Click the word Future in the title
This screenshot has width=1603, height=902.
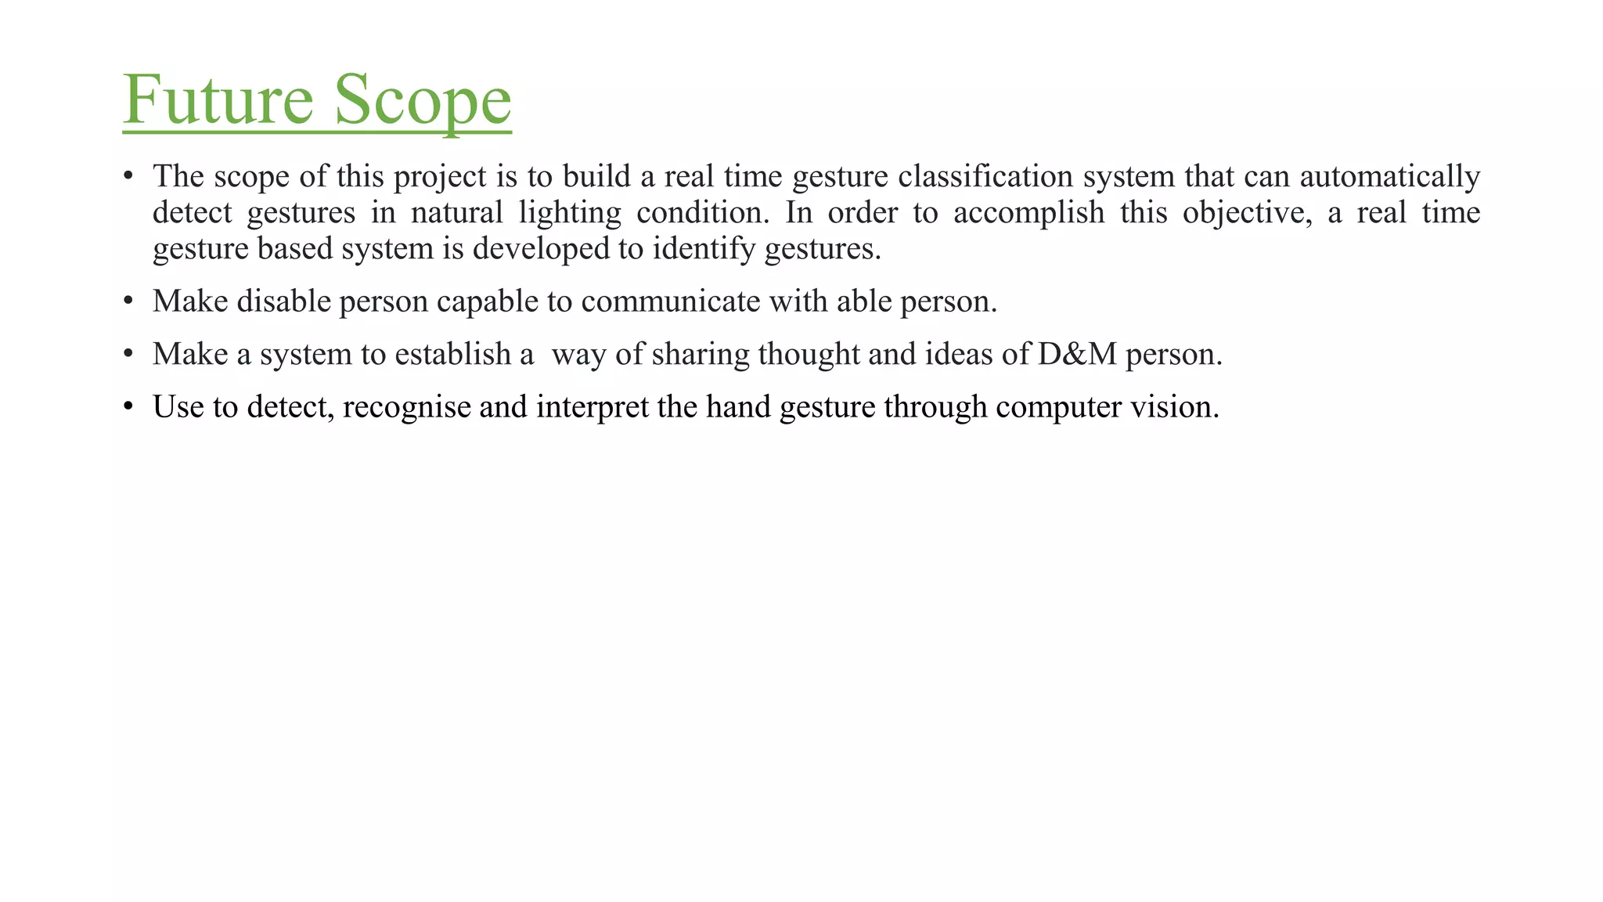218,99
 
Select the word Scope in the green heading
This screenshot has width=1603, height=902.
423,99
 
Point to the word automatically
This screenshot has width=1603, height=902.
1389,177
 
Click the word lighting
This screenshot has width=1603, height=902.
570,213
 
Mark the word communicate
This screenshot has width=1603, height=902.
671,301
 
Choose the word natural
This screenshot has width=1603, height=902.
456,213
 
